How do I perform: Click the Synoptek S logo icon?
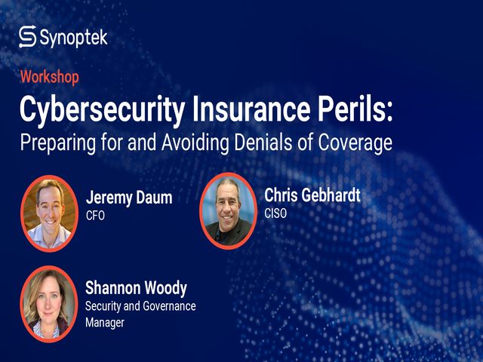pyautogui.click(x=27, y=37)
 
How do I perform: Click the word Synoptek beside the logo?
pyautogui.click(x=74, y=38)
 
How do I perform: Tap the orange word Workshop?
pyautogui.click(x=50, y=77)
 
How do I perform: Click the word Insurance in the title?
pyautogui.click(x=251, y=109)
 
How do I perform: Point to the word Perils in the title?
pyautogui.click(x=352, y=109)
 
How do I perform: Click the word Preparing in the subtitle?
pyautogui.click(x=58, y=143)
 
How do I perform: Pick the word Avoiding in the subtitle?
pyautogui.click(x=195, y=143)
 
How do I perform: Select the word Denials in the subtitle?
pyautogui.click(x=263, y=142)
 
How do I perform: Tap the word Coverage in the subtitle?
pyautogui.click(x=355, y=143)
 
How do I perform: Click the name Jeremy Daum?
pyautogui.click(x=129, y=198)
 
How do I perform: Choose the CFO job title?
pyautogui.click(x=96, y=216)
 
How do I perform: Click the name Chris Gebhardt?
pyautogui.click(x=312, y=195)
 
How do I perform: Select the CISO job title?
pyautogui.click(x=275, y=213)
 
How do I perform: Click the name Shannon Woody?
pyautogui.click(x=136, y=288)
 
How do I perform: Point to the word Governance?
pyautogui.click(x=169, y=306)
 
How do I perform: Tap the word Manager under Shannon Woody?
pyautogui.click(x=105, y=323)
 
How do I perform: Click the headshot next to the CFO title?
pyautogui.click(x=49, y=213)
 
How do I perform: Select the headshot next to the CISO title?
pyautogui.click(x=228, y=211)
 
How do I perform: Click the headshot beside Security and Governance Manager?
pyautogui.click(x=48, y=304)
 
